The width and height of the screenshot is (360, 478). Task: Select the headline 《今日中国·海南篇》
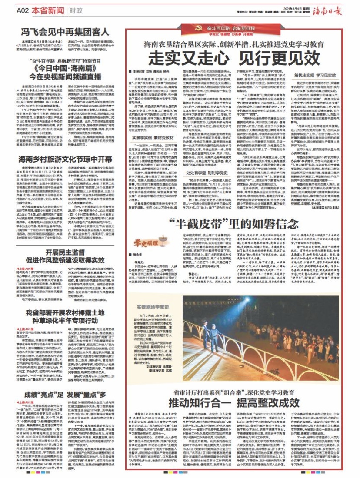(59, 69)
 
